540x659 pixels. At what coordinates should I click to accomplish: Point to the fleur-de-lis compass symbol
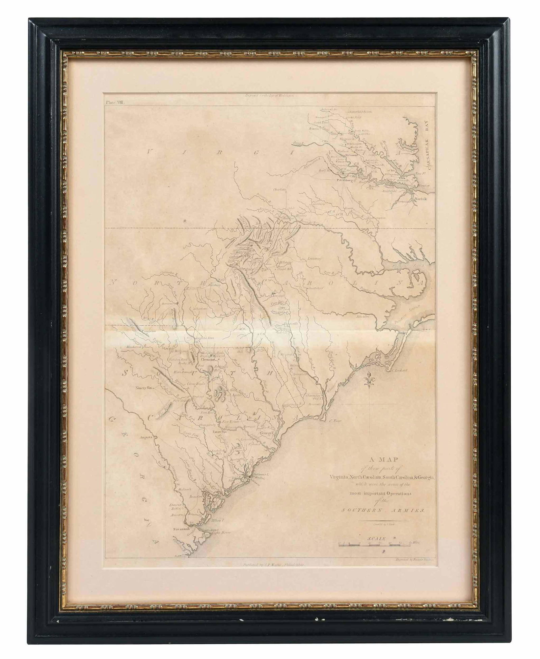tap(370, 380)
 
